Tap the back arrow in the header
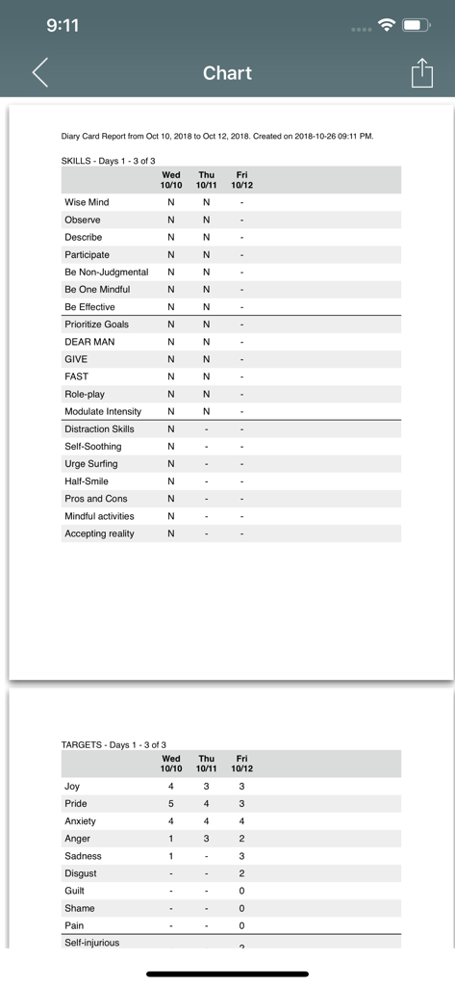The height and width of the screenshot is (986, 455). click(x=39, y=73)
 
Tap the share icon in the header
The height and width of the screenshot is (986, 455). click(x=421, y=73)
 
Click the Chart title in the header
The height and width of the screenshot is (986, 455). click(x=227, y=73)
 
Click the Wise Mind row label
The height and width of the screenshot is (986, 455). click(x=87, y=202)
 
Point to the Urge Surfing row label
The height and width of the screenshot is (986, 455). click(x=91, y=464)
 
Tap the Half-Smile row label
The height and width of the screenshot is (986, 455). click(x=87, y=481)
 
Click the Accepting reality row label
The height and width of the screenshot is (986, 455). click(x=99, y=533)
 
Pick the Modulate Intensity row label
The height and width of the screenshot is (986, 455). click(x=103, y=411)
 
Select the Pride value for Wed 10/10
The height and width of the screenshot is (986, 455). click(x=171, y=804)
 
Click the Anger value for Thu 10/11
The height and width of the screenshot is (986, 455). click(x=206, y=839)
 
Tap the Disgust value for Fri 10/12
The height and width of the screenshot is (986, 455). click(x=241, y=873)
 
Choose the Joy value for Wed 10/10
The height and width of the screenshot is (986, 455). click(x=171, y=787)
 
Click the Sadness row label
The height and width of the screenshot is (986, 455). click(x=83, y=856)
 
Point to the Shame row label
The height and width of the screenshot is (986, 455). click(x=80, y=908)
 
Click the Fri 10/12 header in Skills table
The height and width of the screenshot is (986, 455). click(x=241, y=180)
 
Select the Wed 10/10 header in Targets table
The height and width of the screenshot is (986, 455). click(x=171, y=764)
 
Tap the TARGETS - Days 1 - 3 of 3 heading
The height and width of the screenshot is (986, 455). click(x=114, y=745)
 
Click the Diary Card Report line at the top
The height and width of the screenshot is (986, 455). click(x=216, y=137)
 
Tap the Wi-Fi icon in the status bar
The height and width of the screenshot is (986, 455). click(x=388, y=25)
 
